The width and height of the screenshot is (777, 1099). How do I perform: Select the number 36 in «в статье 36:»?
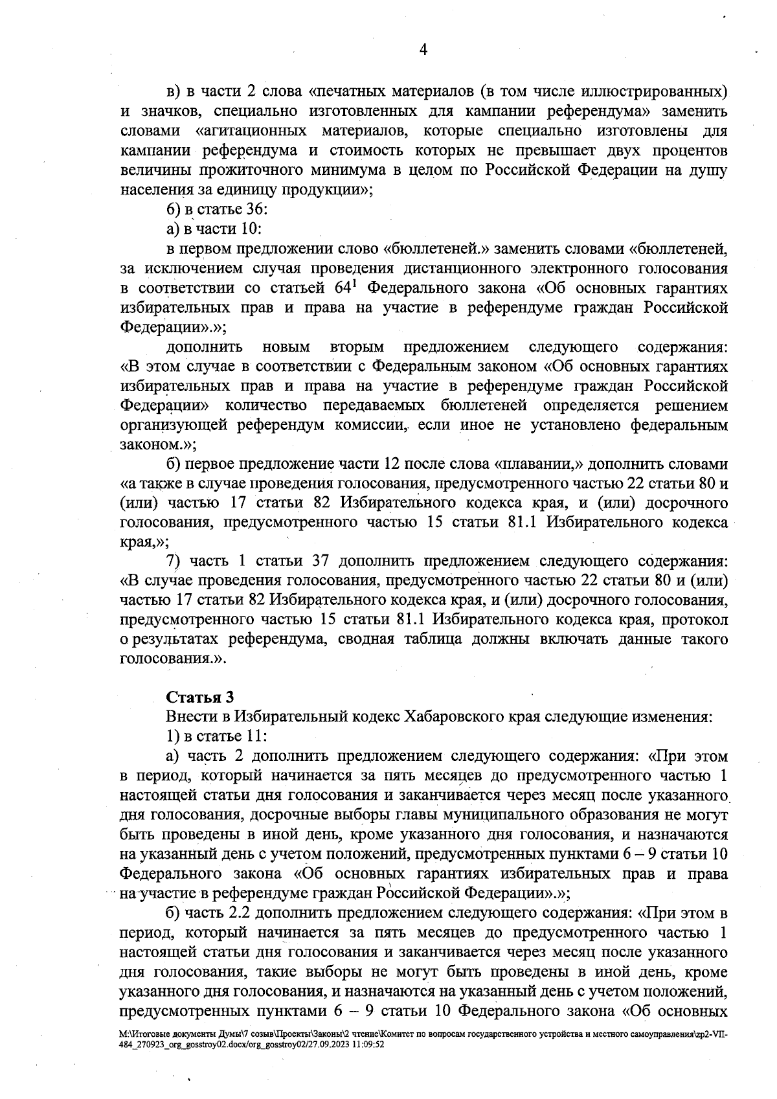[251, 209]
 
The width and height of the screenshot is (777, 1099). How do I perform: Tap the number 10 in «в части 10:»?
[252, 229]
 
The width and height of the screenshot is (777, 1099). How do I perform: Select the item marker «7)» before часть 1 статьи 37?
[173, 561]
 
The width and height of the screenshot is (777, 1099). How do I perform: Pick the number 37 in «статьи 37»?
[322, 561]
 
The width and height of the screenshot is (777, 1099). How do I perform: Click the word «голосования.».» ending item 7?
[174, 659]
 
